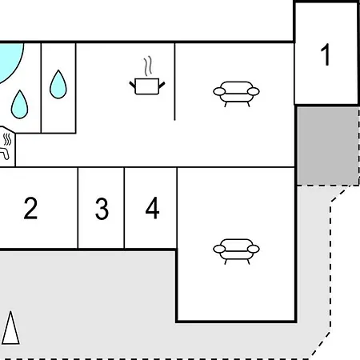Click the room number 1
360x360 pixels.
point(326,54)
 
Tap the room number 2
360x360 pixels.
point(30,208)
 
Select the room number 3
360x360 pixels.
point(102,209)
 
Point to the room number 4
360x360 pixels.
point(152,208)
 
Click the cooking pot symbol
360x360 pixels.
point(147,86)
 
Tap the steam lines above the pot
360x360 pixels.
point(148,66)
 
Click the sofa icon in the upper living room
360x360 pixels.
point(236,94)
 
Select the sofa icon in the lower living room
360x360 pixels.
point(236,251)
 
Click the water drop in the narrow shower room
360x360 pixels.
point(58,84)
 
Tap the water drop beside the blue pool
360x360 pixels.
point(19,105)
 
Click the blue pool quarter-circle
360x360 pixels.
point(10,60)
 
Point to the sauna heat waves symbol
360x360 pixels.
point(7,139)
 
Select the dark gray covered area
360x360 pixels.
point(328,146)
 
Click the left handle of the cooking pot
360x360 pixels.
point(132,85)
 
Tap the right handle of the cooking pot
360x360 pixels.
point(162,85)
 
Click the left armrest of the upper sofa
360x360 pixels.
point(219,91)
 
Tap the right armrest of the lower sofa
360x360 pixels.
point(254,249)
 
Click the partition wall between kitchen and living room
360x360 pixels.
point(174,82)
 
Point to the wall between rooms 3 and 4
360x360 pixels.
point(124,208)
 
